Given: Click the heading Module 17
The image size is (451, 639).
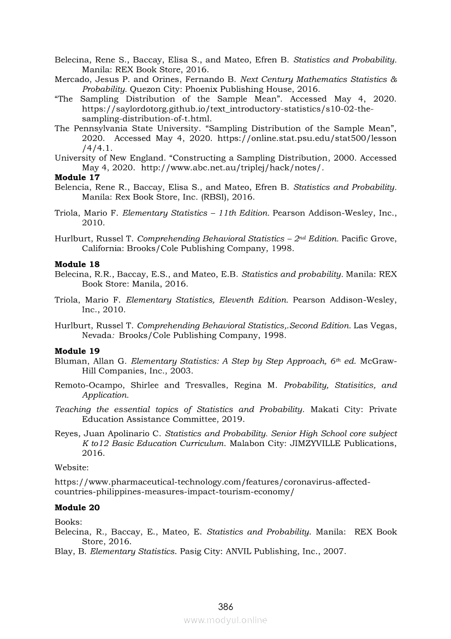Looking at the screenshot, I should point(70,177).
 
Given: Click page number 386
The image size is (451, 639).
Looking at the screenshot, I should point(226,606).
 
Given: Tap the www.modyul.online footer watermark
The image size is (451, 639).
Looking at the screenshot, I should point(226,620).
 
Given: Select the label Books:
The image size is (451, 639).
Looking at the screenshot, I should point(68,521).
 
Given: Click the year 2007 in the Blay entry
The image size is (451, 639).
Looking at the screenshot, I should point(335,551).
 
